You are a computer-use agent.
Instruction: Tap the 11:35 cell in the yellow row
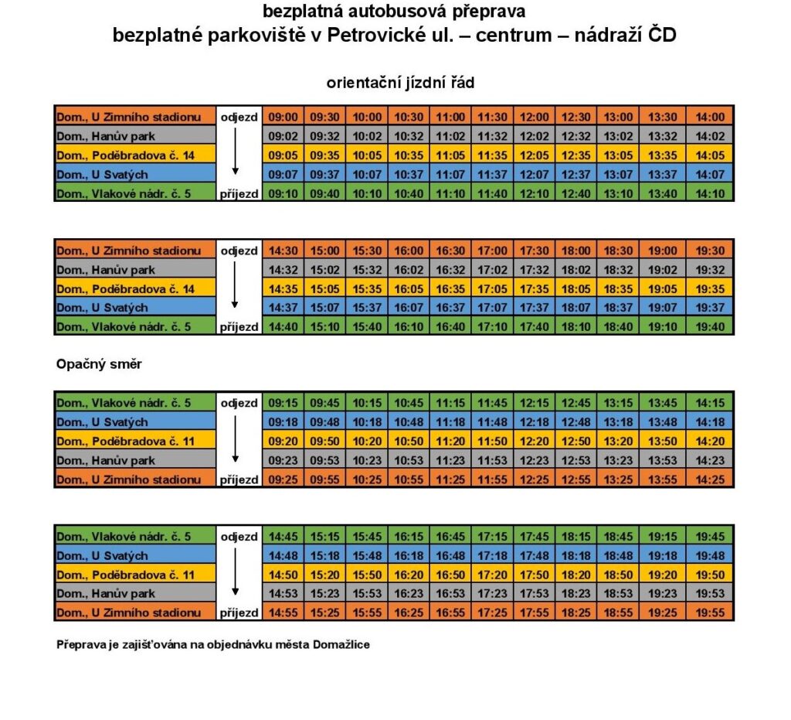[493, 155]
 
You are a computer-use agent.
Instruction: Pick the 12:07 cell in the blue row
[535, 174]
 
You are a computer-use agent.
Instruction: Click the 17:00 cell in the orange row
[493, 251]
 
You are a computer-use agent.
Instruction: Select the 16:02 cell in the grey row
[409, 270]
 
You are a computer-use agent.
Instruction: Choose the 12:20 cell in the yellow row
[535, 441]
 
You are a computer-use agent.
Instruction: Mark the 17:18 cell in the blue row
[493, 555]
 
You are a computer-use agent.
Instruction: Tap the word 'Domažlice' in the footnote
[341, 644]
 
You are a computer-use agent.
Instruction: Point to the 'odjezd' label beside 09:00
[239, 117]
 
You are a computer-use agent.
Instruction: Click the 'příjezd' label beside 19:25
[239, 613]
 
